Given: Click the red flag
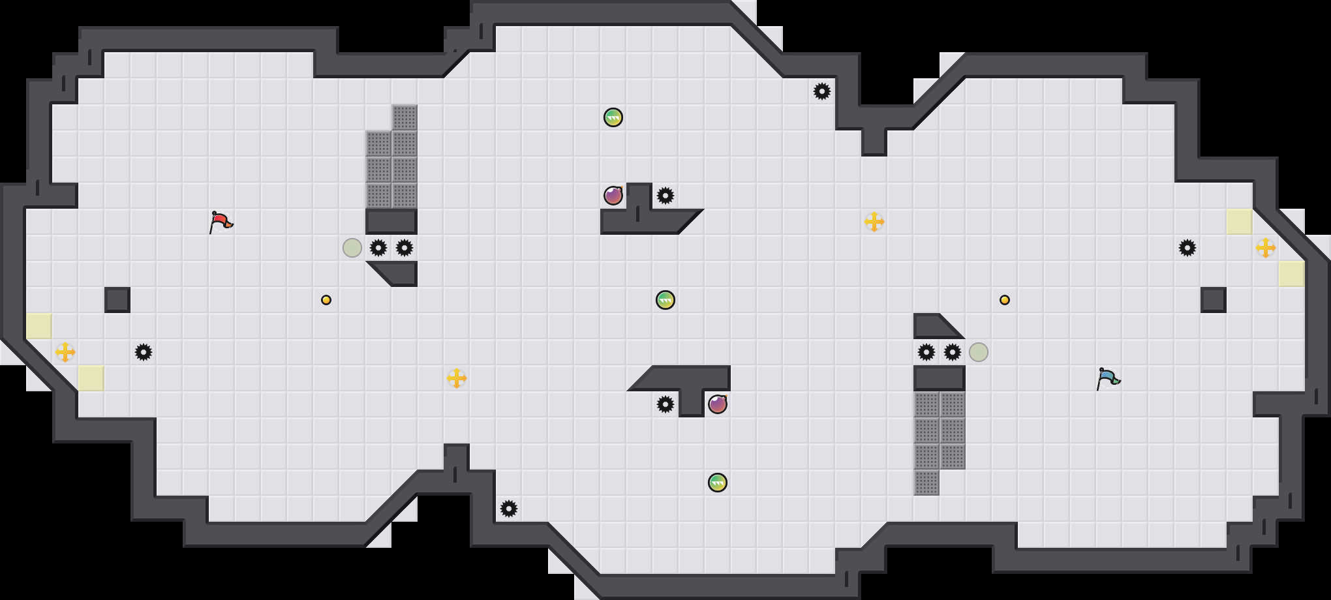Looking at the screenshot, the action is point(221,222).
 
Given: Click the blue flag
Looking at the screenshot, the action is point(1107,378).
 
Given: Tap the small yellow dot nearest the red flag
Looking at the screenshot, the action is point(326,300).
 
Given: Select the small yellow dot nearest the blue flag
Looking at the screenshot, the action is point(1005,300).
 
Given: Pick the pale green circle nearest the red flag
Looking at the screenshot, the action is point(352,248).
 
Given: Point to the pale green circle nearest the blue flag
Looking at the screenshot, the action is point(979,352).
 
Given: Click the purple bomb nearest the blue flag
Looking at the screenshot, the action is point(718,404).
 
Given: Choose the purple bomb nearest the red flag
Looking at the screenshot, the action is point(613,196).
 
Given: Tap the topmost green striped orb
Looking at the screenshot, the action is point(613,117).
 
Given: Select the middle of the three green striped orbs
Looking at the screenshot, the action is point(665,300).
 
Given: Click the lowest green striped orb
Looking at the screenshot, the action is point(718,483).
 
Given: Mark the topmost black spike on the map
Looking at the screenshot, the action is point(822,91).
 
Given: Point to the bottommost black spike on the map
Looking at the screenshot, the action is point(509,509).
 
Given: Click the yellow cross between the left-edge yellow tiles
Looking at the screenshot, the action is point(65,352).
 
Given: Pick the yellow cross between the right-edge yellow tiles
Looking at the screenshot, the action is point(1266,248).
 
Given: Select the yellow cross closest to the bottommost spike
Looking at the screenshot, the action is point(457,378).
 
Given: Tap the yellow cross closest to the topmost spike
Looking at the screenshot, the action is point(874,222).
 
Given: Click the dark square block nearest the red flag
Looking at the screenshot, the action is point(117,300).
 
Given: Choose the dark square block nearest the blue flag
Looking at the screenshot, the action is point(1214,300).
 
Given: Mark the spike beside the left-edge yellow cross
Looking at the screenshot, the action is point(144,352).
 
